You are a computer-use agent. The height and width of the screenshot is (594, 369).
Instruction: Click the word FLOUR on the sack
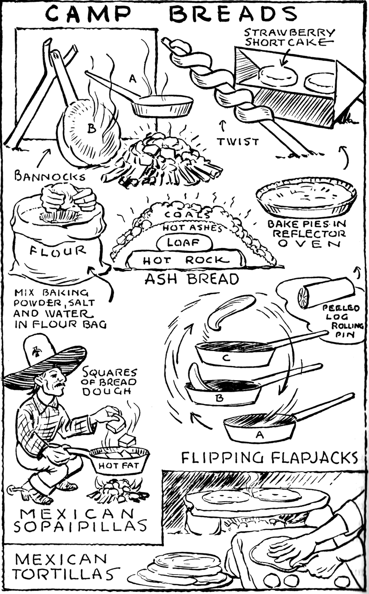pyautogui.click(x=58, y=251)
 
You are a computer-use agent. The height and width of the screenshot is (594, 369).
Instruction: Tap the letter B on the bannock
pyautogui.click(x=91, y=129)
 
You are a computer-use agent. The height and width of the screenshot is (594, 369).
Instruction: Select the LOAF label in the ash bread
pyautogui.click(x=184, y=242)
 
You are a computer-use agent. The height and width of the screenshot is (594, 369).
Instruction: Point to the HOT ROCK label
pyautogui.click(x=185, y=261)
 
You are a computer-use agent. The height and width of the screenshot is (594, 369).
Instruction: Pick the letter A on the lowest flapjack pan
pyautogui.click(x=259, y=434)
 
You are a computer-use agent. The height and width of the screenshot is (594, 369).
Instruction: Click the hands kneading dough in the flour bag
pyautogui.click(x=68, y=201)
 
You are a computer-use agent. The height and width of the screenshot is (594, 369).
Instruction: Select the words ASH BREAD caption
pyautogui.click(x=192, y=279)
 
